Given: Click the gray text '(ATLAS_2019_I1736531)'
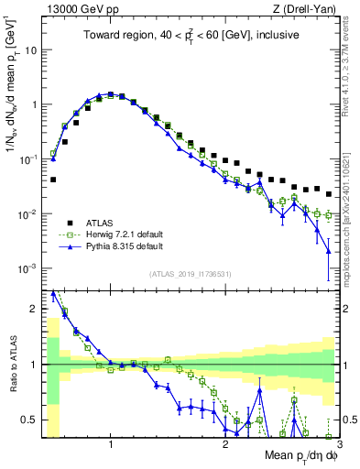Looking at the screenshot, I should coord(189,274).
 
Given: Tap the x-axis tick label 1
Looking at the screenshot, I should coord(111,444).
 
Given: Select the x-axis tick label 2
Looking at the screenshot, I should coord(225,444).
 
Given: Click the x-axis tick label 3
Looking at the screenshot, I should coord(337,444).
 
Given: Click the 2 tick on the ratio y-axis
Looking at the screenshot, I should coord(35,309).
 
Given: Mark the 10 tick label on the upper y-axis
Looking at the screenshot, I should coord(31,49).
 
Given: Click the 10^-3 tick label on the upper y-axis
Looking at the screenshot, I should coord(27,268).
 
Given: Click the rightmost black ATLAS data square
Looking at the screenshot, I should coord(329,191).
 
